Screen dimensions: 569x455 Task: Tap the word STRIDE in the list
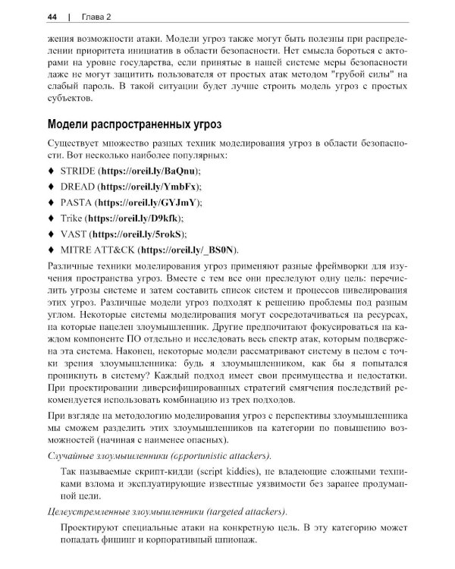pyautogui.click(x=77, y=171)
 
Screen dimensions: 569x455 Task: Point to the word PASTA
pyautogui.click(x=76, y=203)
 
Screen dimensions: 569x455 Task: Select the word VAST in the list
pyautogui.click(x=74, y=234)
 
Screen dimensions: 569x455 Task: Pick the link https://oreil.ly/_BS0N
pyautogui.click(x=189, y=249)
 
